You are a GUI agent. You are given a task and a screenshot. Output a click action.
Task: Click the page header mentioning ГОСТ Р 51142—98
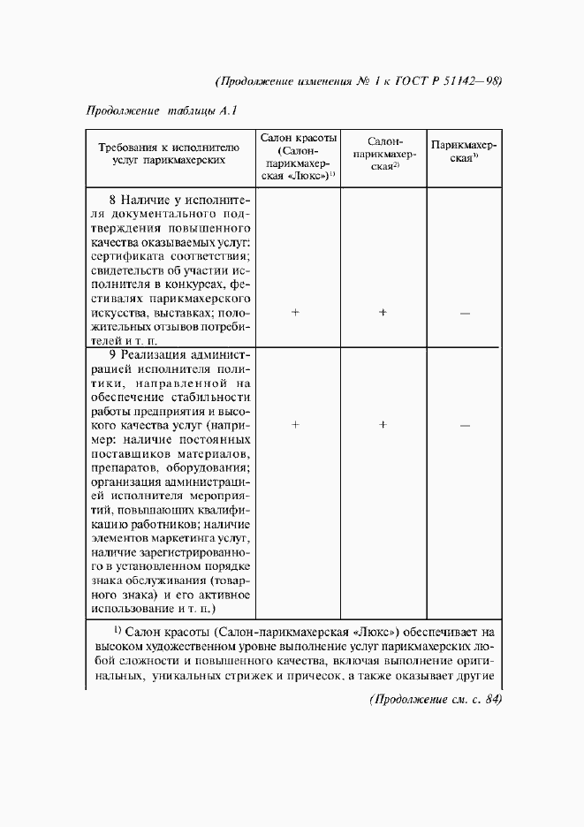pyautogui.click(x=359, y=80)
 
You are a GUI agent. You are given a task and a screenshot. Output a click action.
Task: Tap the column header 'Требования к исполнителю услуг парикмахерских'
pyautogui.click(x=169, y=154)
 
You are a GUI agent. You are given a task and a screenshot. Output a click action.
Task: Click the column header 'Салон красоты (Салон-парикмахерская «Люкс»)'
pyautogui.click(x=297, y=159)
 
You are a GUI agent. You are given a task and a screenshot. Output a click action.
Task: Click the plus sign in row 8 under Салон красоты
pyautogui.click(x=296, y=313)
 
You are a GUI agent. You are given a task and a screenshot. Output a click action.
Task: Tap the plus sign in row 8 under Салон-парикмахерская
pyautogui.click(x=383, y=313)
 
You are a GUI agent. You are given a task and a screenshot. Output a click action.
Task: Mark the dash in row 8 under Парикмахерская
pyautogui.click(x=465, y=314)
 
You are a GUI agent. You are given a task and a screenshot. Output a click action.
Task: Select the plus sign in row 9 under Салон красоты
pyautogui.click(x=296, y=425)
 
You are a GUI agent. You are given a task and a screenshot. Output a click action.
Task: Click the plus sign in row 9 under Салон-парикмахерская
pyautogui.click(x=383, y=425)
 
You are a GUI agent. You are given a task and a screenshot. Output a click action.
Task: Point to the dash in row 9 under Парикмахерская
pyautogui.click(x=465, y=426)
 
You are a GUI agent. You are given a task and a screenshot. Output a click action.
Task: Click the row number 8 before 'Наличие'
pyautogui.click(x=112, y=200)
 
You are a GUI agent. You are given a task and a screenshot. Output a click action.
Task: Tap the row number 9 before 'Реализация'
pyautogui.click(x=112, y=355)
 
